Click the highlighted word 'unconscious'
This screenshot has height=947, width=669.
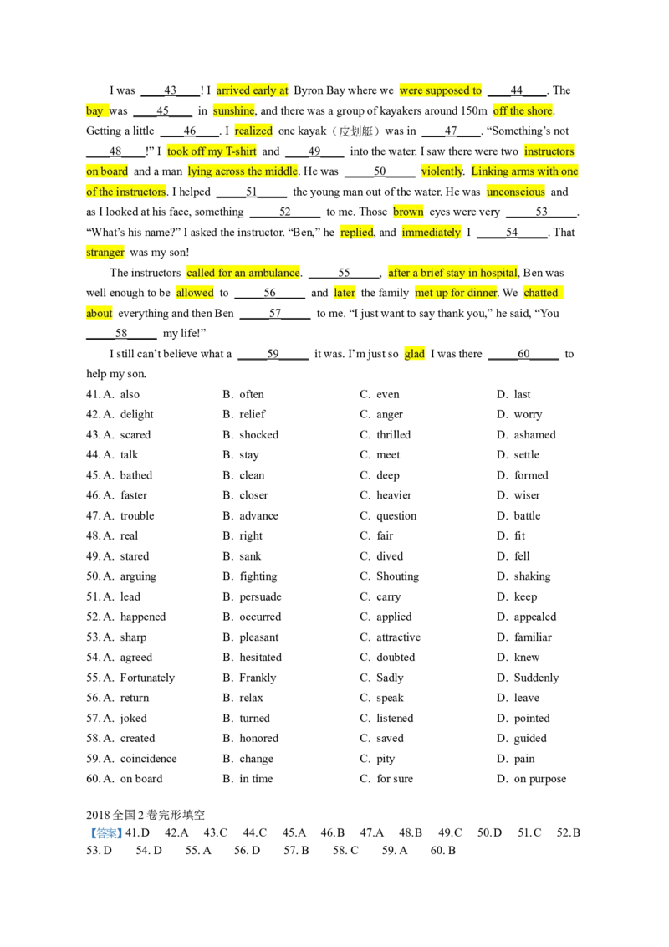tap(516, 192)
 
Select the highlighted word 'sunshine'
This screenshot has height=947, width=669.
tap(233, 110)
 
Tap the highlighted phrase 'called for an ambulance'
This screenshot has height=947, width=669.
tap(243, 273)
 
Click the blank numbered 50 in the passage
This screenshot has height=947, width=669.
tap(380, 171)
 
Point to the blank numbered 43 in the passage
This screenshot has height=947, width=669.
tap(171, 90)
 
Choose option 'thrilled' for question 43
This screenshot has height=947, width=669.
tap(393, 435)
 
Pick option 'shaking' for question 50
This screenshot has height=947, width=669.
tap(532, 576)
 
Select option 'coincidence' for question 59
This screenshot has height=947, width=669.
tap(149, 759)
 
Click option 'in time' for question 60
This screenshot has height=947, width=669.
tap(256, 779)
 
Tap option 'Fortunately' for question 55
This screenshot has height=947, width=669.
tap(147, 678)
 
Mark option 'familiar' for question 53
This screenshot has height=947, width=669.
tap(533, 637)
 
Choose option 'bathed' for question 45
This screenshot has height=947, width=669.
tap(135, 475)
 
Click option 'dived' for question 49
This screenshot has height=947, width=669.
tap(390, 556)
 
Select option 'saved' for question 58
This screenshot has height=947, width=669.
tap(390, 738)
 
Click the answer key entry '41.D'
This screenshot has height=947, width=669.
tap(137, 832)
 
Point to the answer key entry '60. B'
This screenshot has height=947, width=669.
tap(442, 850)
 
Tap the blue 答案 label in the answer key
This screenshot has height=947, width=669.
tap(106, 833)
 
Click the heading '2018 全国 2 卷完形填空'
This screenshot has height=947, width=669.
tap(146, 815)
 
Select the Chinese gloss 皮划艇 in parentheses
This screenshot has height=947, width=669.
tap(356, 131)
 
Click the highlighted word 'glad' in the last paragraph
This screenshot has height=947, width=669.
tap(414, 354)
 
